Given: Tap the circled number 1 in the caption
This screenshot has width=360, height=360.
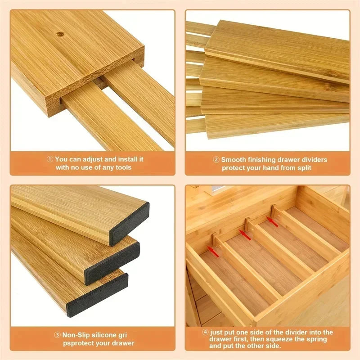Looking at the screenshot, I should tap(50, 159).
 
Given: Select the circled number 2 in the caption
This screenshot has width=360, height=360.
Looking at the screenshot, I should tap(216, 159).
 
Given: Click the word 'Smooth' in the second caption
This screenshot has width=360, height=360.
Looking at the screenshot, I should tap(233, 159).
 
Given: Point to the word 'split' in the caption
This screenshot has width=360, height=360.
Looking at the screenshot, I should tap(302, 168).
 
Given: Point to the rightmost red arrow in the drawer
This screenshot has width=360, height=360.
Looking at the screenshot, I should tap(272, 220).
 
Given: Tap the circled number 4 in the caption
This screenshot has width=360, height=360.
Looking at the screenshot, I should tap(206, 332).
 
